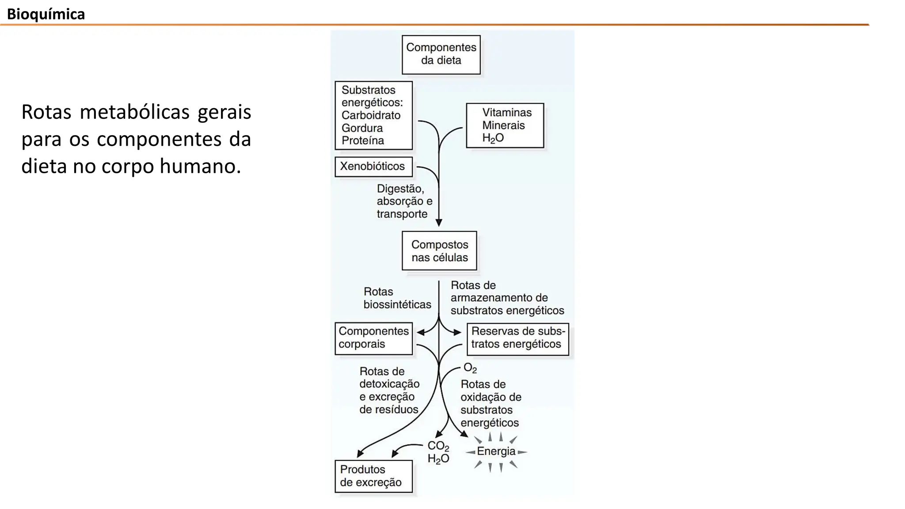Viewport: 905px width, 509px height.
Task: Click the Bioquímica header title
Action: pyautogui.click(x=46, y=14)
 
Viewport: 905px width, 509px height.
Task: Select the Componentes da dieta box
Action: pyautogui.click(x=441, y=54)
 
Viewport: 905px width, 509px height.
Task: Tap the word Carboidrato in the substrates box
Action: pyautogui.click(x=371, y=115)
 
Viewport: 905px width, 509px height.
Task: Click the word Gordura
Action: pyautogui.click(x=362, y=128)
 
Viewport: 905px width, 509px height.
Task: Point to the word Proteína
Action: pyautogui.click(x=362, y=141)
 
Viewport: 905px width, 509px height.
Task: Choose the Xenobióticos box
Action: pyautogui.click(x=373, y=167)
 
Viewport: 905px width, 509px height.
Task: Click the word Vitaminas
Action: pyautogui.click(x=507, y=113)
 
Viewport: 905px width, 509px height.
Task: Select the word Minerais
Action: pyautogui.click(x=503, y=125)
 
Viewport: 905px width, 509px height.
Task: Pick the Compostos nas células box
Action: pyautogui.click(x=439, y=251)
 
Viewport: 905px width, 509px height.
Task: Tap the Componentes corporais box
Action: pyautogui.click(x=373, y=338)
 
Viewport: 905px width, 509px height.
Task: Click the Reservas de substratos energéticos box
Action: pyautogui.click(x=517, y=338)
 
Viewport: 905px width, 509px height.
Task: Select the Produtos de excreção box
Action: pyautogui.click(x=373, y=476)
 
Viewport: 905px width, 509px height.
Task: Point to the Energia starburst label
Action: pyautogui.click(x=496, y=452)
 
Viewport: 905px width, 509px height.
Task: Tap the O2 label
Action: pyautogui.click(x=470, y=368)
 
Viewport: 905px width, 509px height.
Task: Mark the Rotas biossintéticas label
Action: pyautogui.click(x=397, y=298)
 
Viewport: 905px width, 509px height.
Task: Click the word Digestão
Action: pyautogui.click(x=400, y=189)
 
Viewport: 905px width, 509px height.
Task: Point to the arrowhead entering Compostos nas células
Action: pyautogui.click(x=439, y=223)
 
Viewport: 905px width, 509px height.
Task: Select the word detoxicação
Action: pyautogui.click(x=389, y=384)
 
